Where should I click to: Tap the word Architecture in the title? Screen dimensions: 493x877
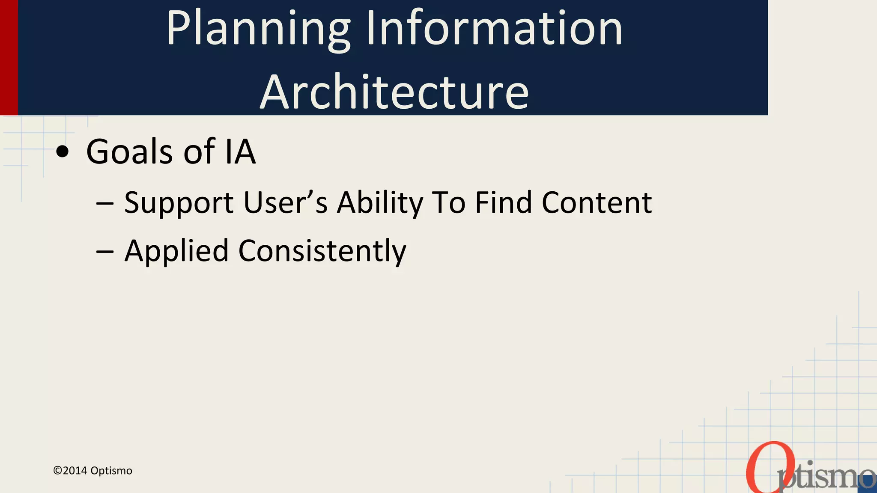pyautogui.click(x=394, y=92)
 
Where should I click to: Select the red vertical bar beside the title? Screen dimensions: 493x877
pyautogui.click(x=9, y=57)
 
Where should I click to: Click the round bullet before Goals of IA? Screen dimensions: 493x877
pyautogui.click(x=63, y=152)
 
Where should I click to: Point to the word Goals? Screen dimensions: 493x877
pyautogui.click(x=131, y=151)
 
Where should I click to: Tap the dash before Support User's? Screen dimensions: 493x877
pyautogui.click(x=105, y=204)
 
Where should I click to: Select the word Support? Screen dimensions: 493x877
pyautogui.click(x=179, y=203)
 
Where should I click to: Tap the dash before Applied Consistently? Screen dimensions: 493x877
pyautogui.click(x=105, y=252)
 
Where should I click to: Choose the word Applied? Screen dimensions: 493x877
pyautogui.click(x=176, y=251)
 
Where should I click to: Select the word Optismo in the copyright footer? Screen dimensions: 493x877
pyautogui.click(x=111, y=471)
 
